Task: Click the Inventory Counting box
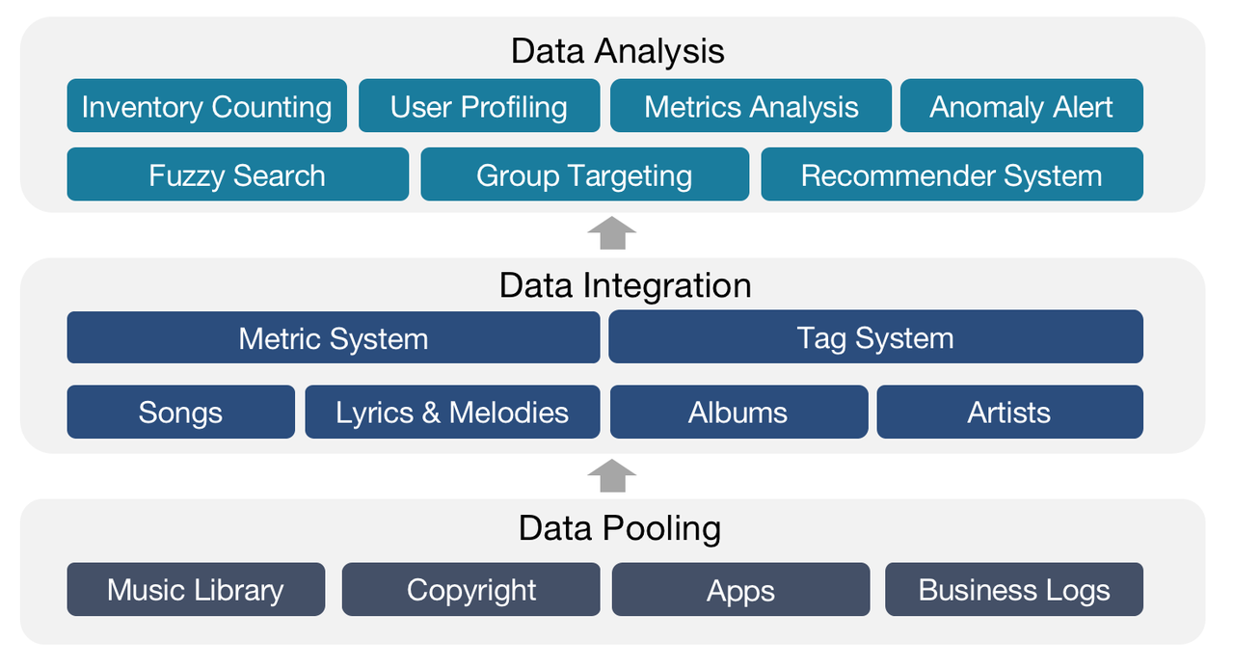click(206, 106)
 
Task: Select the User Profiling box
click(479, 106)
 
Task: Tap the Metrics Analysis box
click(751, 106)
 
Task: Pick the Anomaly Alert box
click(1021, 106)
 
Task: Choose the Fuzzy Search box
click(237, 174)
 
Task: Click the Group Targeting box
click(584, 174)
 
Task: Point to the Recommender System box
click(952, 174)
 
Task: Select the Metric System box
click(333, 337)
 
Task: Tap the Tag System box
click(875, 337)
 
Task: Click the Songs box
click(180, 412)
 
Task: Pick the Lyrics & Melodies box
click(452, 412)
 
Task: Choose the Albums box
click(738, 412)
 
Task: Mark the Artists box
click(1009, 412)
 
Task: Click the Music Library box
click(196, 589)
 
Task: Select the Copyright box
click(471, 589)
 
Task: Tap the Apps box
click(740, 589)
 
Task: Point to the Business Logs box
click(1014, 589)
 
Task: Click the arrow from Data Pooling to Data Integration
click(612, 475)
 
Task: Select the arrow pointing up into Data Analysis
click(612, 234)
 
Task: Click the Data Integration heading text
click(625, 285)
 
